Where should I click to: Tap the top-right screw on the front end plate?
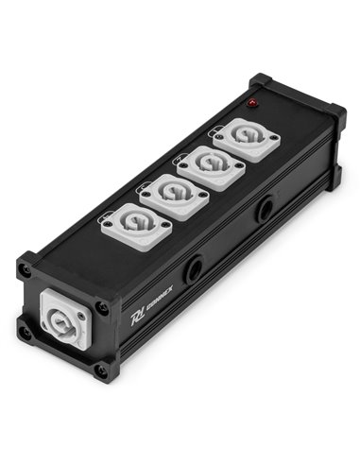101,308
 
